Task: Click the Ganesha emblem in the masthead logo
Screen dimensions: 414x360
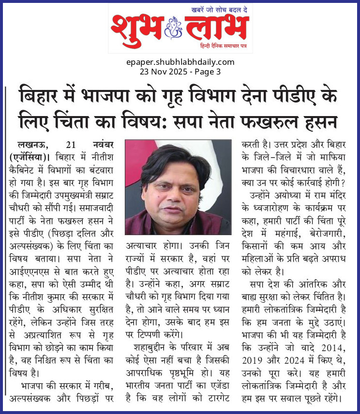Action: tap(172, 28)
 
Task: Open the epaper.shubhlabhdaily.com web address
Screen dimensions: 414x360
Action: tap(180, 62)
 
